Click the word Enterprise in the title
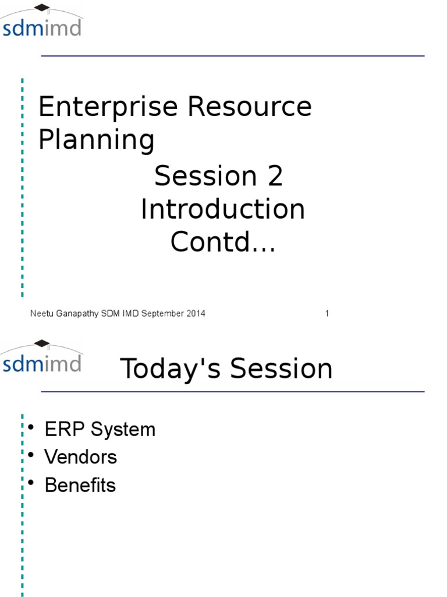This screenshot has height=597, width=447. [x=108, y=107]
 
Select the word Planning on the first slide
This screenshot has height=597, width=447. [x=97, y=140]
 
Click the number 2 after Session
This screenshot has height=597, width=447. [x=275, y=175]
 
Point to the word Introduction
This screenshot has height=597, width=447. [x=223, y=209]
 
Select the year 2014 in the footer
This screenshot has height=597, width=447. [x=196, y=313]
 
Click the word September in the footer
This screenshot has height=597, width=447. [x=163, y=314]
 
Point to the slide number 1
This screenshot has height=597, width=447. [x=327, y=313]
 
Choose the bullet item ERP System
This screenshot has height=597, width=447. [x=100, y=429]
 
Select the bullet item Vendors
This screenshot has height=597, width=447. [x=80, y=456]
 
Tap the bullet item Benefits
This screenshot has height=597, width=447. [x=80, y=484]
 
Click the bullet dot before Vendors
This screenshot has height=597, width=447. [x=31, y=455]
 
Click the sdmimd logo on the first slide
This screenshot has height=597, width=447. [x=41, y=21]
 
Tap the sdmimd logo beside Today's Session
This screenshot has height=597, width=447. [x=41, y=356]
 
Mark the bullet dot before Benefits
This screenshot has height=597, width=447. [x=31, y=483]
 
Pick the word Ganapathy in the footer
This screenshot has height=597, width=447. [x=77, y=314]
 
